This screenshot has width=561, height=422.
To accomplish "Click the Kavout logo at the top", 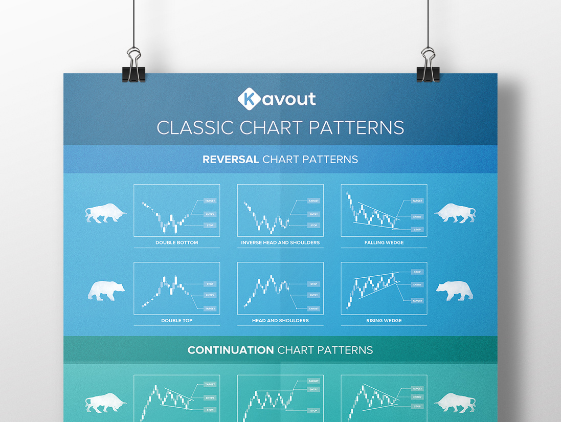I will [x=277, y=99].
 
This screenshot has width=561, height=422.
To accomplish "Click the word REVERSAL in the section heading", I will [x=231, y=160].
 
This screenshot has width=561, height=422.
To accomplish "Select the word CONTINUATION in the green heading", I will [x=231, y=350].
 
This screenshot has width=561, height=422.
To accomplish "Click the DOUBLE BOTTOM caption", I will [x=177, y=242].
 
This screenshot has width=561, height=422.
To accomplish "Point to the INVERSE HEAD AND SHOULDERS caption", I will [x=280, y=242].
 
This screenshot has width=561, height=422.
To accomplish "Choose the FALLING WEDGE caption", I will [x=384, y=242].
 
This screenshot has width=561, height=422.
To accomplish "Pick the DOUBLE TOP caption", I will [x=177, y=321].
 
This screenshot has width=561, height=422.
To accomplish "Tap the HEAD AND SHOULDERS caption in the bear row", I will [x=280, y=321].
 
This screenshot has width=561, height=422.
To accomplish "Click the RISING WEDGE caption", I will [x=384, y=321].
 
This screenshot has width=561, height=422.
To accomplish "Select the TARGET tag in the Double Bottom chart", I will [x=210, y=201].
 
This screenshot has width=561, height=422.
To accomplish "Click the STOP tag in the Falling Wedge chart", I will [x=417, y=230].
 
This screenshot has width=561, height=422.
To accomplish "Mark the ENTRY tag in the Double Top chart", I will [x=210, y=295].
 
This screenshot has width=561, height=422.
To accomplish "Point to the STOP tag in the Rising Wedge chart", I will [x=417, y=272].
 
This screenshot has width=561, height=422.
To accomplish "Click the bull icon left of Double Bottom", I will [x=105, y=213].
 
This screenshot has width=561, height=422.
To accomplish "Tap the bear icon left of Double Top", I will [x=106, y=291].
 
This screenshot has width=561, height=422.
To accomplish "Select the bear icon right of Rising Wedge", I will [x=455, y=291].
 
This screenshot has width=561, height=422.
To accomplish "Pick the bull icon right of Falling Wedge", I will [x=455, y=213].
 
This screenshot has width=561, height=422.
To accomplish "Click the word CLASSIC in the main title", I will [x=195, y=127].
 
